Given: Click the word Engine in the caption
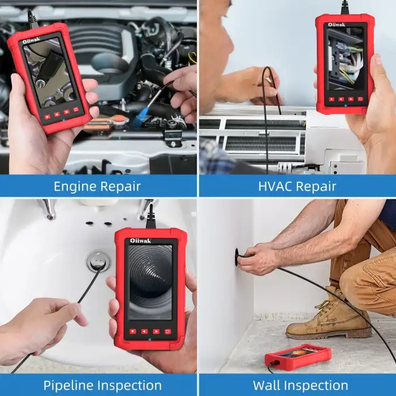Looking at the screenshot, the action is point(75,187).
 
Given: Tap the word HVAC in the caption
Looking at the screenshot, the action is point(276,186).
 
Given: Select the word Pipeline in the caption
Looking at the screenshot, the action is point(68,386).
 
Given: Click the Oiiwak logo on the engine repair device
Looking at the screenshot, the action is point(31,40).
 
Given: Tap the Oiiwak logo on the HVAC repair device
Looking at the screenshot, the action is point(337,24).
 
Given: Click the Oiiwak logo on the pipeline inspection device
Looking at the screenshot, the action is point(141,240).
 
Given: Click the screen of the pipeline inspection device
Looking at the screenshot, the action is point(150,282).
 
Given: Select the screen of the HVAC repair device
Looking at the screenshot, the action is point(346,59).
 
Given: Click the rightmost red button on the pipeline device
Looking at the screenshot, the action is point(167,332).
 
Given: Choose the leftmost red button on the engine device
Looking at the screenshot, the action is point(48,117).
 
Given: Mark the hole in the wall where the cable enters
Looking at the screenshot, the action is point(236,257).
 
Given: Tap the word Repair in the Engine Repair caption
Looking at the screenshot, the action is point(120,187).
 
